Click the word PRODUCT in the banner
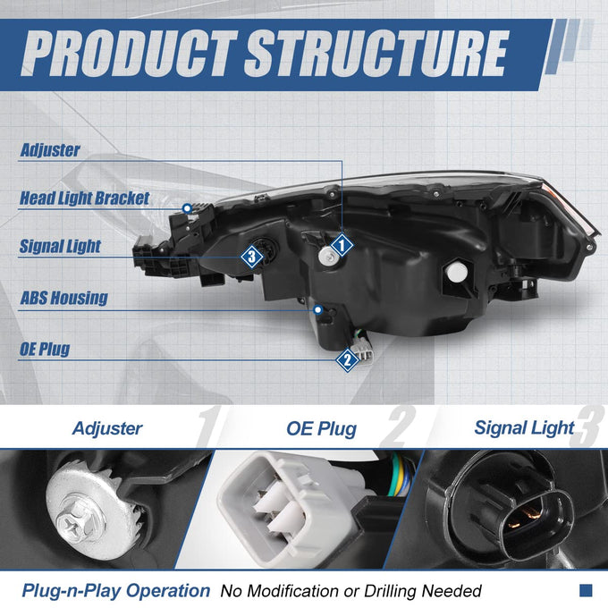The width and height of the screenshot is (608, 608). (130, 53)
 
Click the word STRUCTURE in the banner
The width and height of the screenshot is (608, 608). (376, 53)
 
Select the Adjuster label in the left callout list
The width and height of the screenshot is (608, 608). (50, 150)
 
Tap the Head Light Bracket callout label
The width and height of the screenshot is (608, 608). (85, 198)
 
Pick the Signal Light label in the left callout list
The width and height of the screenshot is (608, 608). (60, 246)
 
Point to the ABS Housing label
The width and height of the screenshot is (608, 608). (64, 298)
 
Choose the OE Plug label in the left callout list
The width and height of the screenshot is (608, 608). (45, 349)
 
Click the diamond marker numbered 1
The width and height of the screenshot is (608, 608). (342, 245)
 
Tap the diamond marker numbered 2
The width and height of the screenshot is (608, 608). (348, 360)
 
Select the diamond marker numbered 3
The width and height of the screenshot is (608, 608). (252, 257)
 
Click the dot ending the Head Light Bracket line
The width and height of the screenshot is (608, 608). (187, 208)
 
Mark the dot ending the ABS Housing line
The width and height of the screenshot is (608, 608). (318, 310)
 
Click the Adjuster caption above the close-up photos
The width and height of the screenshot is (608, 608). (107, 428)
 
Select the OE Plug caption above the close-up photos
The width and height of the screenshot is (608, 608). (322, 429)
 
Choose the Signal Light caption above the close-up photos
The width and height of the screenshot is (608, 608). (524, 428)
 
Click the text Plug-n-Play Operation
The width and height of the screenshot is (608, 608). (116, 591)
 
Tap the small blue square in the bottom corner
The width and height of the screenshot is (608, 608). (586, 590)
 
